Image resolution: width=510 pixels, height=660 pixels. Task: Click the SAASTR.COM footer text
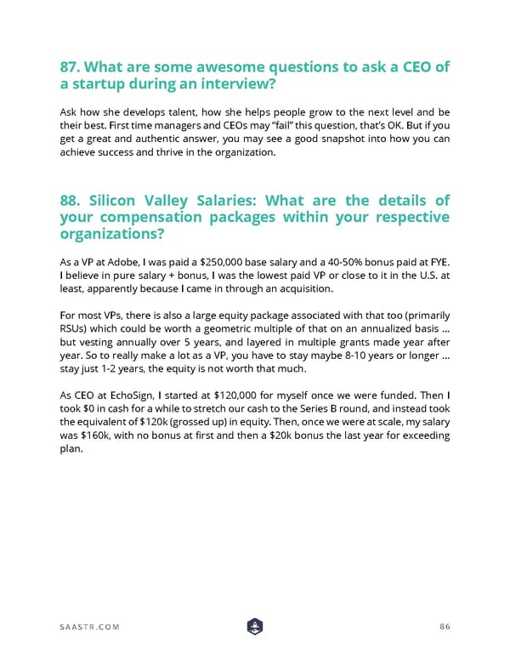tap(89, 627)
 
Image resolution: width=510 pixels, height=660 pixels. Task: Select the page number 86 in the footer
tap(445, 627)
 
